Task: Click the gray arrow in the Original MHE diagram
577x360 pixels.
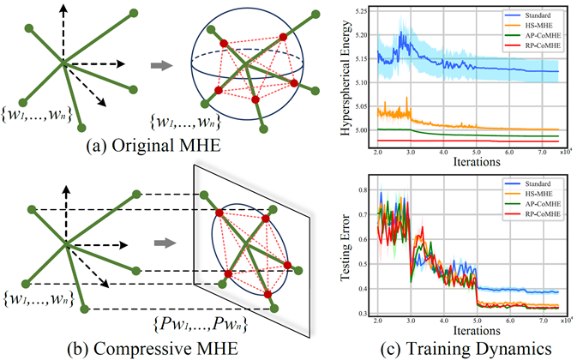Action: point(159,63)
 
